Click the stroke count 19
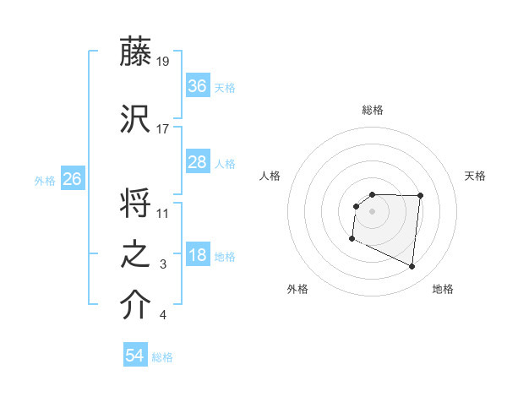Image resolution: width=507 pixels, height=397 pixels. (x=164, y=61)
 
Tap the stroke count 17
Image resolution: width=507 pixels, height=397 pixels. (x=164, y=128)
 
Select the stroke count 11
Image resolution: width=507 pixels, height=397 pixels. (x=164, y=214)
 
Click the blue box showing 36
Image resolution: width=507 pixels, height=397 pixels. (x=198, y=86)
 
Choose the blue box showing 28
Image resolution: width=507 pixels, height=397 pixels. (x=198, y=162)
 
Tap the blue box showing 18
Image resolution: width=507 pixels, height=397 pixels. (x=198, y=256)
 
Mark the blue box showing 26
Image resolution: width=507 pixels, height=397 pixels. (x=73, y=179)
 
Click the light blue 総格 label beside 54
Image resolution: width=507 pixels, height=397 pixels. (x=162, y=357)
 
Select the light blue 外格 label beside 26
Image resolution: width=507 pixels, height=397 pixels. (x=45, y=180)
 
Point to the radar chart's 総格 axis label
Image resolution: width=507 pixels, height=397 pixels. (x=373, y=110)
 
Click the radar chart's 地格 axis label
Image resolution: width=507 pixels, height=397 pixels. (x=443, y=289)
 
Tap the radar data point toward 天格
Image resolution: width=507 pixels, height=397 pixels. (x=420, y=196)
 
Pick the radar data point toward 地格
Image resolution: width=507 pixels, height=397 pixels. (x=412, y=267)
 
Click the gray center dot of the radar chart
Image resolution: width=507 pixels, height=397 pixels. (x=373, y=210)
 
